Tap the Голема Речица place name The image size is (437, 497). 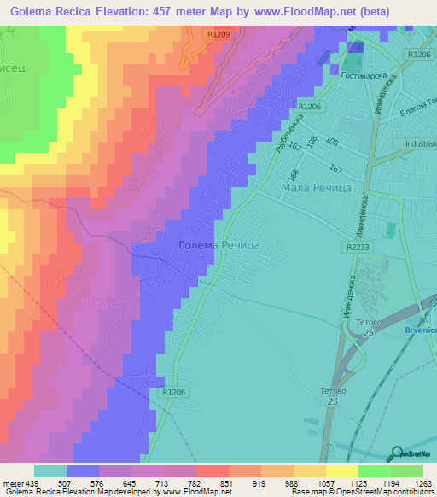click(x=218, y=245)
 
